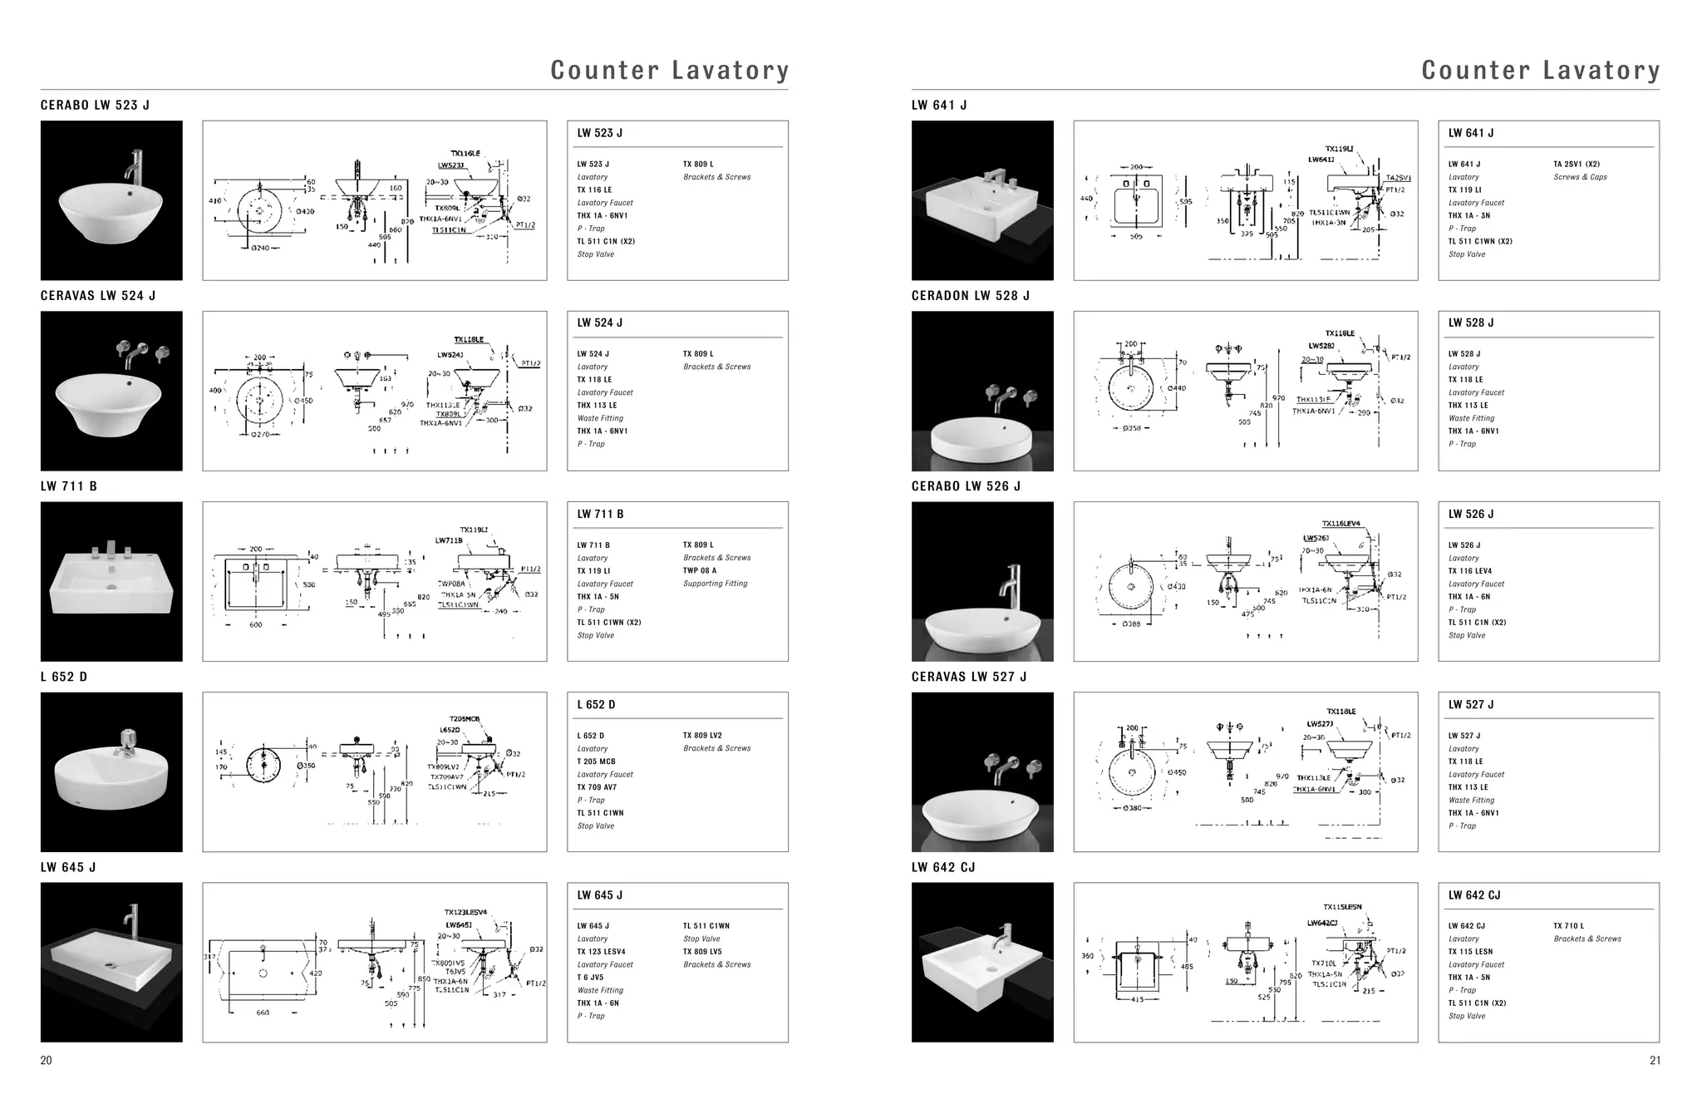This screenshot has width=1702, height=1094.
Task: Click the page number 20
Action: click(x=47, y=1060)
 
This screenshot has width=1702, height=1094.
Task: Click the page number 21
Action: click(x=1655, y=1060)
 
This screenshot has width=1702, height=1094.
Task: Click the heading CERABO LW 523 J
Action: click(x=95, y=105)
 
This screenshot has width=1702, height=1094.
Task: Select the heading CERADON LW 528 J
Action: click(x=970, y=295)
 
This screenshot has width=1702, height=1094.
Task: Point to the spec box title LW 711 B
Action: click(x=600, y=514)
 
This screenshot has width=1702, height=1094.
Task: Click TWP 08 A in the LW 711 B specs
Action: click(x=699, y=570)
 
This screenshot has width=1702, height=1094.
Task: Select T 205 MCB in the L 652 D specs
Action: click(x=596, y=761)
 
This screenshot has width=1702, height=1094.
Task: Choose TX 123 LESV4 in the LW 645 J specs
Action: click(x=601, y=952)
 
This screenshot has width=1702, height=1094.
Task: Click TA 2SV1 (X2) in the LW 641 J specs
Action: click(x=1576, y=165)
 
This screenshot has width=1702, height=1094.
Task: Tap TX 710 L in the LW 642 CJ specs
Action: click(x=1568, y=926)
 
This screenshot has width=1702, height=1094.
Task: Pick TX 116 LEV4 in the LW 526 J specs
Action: click(x=1469, y=571)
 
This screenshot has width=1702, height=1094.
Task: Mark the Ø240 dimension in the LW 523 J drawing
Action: click(x=260, y=248)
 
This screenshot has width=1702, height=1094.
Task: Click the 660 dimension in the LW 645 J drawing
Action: click(x=263, y=1013)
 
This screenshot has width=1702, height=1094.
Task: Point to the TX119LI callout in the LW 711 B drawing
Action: click(x=474, y=530)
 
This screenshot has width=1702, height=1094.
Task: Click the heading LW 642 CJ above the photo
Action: click(x=943, y=867)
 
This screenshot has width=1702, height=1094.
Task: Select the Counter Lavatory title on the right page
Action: click(x=1540, y=70)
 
